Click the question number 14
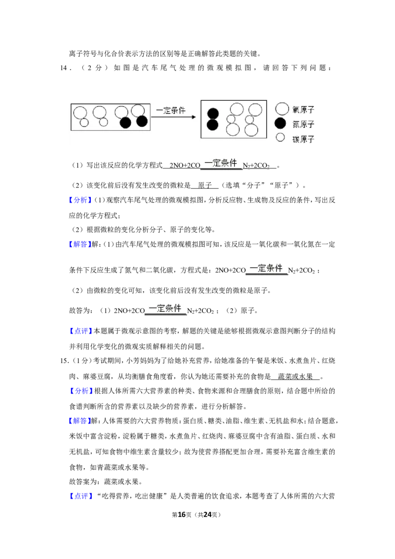(x=64, y=68)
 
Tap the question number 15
(x=64, y=361)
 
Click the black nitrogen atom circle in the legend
(x=280, y=123)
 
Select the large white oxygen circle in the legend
(x=282, y=109)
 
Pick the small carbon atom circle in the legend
(x=280, y=137)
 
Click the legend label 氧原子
(x=303, y=110)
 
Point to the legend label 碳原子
(x=303, y=139)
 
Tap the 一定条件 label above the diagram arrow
(x=171, y=110)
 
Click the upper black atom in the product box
(x=212, y=114)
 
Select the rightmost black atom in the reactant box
(x=142, y=121)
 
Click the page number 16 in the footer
(x=182, y=515)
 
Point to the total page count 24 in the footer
(x=207, y=515)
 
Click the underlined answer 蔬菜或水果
(x=295, y=376)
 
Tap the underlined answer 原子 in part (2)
(x=204, y=185)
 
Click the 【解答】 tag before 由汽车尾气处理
(x=80, y=244)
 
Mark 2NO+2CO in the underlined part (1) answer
(x=185, y=165)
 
